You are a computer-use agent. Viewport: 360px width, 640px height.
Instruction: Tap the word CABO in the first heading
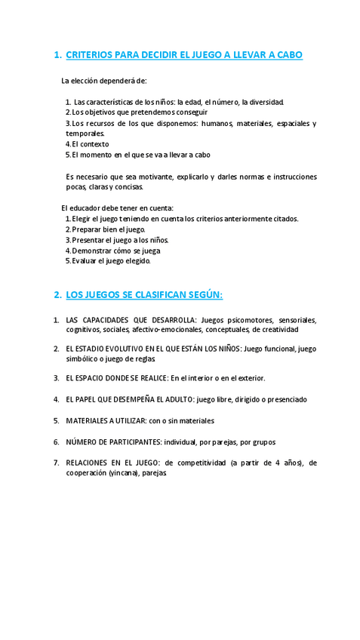(x=288, y=55)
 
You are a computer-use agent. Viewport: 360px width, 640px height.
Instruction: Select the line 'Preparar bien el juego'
(x=108, y=229)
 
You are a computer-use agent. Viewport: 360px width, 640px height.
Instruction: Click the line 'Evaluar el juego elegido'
(x=111, y=260)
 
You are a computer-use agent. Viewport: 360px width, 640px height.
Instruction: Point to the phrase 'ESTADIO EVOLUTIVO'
(x=109, y=349)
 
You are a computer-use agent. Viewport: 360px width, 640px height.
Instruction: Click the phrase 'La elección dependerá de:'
(x=104, y=80)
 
